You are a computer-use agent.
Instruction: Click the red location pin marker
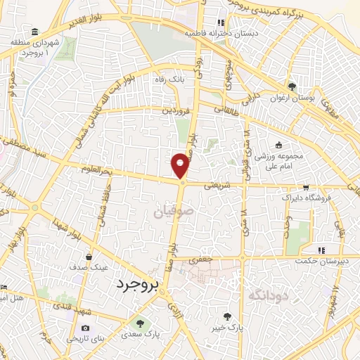click(181, 165)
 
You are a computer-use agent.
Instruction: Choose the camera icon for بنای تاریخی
click(85, 328)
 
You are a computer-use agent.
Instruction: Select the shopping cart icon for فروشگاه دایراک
click(305, 187)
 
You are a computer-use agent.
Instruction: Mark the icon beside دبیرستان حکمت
click(321, 250)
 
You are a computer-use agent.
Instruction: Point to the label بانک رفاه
click(170, 79)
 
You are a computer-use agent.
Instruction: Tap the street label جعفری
click(202, 259)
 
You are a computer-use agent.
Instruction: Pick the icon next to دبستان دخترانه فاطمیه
click(221, 22)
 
